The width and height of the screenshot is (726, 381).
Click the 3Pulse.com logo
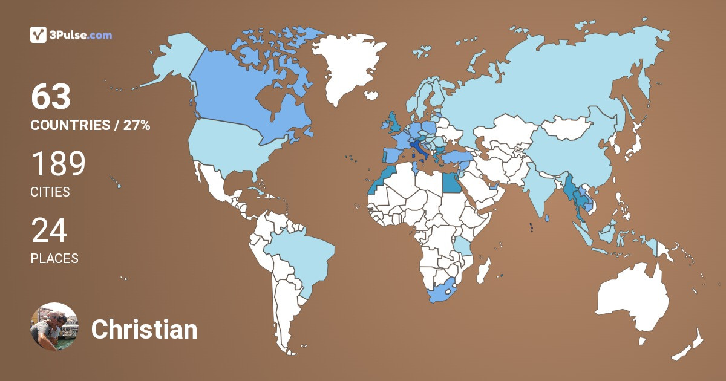[x=71, y=35]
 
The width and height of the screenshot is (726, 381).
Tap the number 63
[x=51, y=97]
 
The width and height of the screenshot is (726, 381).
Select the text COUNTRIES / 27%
[x=90, y=126]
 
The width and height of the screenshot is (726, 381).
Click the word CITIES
[x=50, y=192]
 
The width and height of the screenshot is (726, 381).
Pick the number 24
[x=49, y=230]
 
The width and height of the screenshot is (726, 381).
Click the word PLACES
[x=54, y=258]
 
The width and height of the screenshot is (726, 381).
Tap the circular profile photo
[x=54, y=327]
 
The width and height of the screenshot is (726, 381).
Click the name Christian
[x=144, y=330]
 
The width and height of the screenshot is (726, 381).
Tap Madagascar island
[x=483, y=270]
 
